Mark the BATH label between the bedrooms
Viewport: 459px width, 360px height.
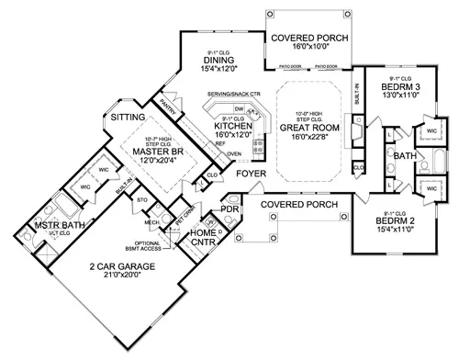(406, 157)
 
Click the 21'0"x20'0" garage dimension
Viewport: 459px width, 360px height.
(134, 277)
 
